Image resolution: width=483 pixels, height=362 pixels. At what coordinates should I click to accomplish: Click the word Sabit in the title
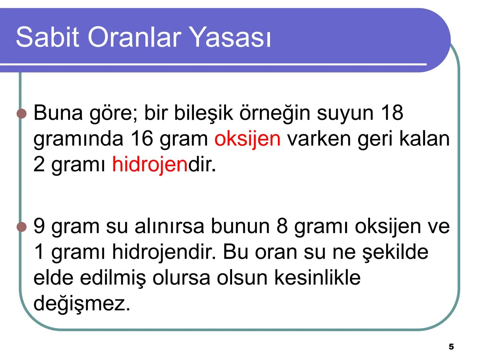click(x=47, y=37)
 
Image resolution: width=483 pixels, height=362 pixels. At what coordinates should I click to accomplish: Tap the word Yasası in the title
click(x=231, y=37)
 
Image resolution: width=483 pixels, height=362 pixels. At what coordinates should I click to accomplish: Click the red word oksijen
click(x=248, y=139)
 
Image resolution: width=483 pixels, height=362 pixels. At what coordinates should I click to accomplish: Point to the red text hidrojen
click(x=150, y=165)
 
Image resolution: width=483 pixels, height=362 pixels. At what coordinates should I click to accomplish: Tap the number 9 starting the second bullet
click(x=39, y=226)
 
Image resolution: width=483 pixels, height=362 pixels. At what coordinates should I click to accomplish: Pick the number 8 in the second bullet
click(x=282, y=226)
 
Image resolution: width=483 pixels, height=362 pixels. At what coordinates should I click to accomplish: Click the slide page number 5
click(x=451, y=347)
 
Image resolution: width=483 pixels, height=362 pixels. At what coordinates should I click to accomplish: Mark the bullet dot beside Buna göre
click(x=21, y=114)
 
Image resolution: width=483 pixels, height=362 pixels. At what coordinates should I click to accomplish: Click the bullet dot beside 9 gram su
click(x=21, y=227)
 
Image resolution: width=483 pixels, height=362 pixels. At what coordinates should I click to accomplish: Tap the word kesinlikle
click(x=317, y=278)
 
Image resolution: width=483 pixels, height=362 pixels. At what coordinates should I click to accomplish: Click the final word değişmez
click(x=82, y=304)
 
